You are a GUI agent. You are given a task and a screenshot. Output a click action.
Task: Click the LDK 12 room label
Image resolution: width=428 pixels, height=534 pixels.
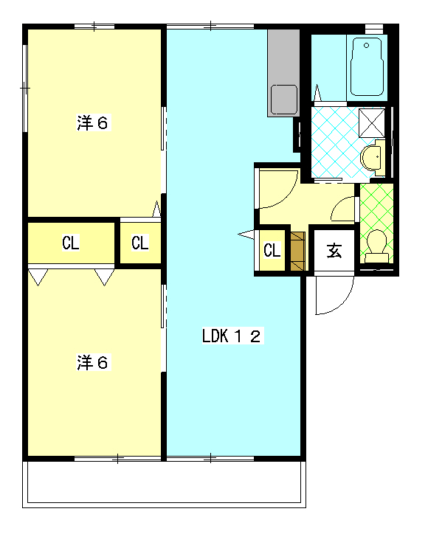click(232, 336)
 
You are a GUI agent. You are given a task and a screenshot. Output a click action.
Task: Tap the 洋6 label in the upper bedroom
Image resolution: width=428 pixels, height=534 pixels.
click(94, 123)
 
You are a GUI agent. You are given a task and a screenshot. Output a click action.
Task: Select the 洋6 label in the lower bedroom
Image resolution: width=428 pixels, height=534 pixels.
click(94, 362)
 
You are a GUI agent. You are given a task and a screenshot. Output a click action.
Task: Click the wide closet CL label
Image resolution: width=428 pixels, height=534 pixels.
click(71, 243)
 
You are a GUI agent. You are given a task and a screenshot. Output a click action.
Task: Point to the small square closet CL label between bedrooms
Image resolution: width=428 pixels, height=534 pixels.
click(140, 243)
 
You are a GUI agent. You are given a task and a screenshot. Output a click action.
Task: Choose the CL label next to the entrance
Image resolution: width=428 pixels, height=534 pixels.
click(272, 250)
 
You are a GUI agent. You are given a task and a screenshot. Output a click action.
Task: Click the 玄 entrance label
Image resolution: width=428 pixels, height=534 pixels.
click(334, 252)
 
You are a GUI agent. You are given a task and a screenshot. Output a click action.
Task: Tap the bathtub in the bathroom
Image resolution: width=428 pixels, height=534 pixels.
click(367, 66)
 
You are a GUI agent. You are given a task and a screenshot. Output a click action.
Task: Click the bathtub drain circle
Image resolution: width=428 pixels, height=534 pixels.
click(366, 46)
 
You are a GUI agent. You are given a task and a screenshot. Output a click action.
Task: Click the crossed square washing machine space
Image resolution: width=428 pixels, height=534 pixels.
click(371, 122)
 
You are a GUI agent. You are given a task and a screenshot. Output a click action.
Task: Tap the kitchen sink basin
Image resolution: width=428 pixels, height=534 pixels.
click(284, 99)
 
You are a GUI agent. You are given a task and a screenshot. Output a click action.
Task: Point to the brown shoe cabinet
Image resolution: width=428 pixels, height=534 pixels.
click(297, 252)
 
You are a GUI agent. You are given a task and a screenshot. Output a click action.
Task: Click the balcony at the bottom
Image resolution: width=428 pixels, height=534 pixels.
click(165, 485)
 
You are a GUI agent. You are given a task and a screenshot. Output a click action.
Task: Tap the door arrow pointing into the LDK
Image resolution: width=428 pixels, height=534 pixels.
click(246, 235)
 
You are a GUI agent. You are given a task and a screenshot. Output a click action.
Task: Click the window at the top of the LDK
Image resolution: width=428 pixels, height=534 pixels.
click(210, 27)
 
